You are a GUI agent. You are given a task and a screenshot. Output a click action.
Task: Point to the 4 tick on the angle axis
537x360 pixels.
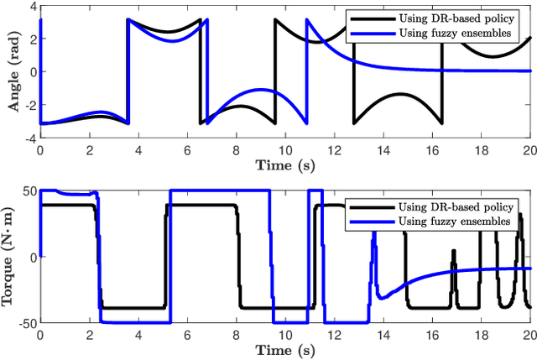point(30,8)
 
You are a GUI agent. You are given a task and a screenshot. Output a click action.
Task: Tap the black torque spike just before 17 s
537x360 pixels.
point(454,251)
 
